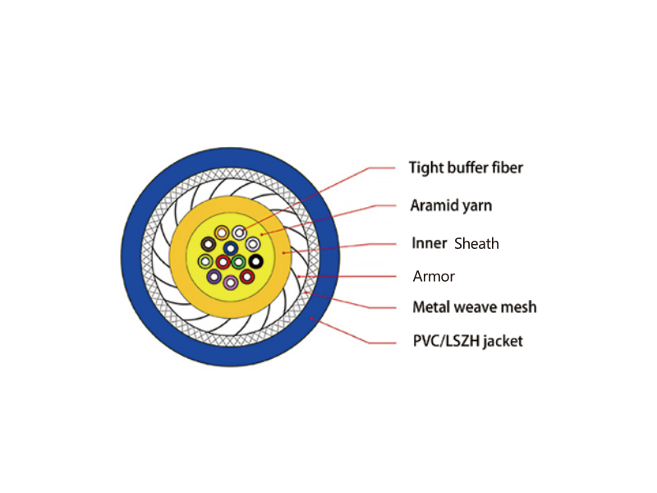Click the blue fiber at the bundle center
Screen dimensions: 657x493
coord(231,248)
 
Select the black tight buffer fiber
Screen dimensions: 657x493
coord(256,261)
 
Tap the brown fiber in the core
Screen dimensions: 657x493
coord(209,244)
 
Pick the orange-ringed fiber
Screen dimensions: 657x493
coord(222,233)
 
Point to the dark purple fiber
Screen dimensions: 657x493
coord(214,277)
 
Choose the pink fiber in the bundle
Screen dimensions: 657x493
coord(231,282)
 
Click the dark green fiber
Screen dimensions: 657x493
coord(238,262)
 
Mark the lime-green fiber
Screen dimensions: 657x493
coord(205,261)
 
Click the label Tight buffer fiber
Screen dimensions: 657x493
coord(466,168)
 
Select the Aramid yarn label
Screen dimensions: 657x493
coord(451,205)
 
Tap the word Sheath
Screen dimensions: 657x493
coord(476,243)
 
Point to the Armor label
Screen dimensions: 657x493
coord(434,276)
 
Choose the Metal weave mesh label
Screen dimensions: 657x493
coord(475,306)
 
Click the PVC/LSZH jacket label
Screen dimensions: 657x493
coord(467,341)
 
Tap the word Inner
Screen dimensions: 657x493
coord(429,243)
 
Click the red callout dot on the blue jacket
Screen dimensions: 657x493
coord(312,319)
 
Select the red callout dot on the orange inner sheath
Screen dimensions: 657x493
coord(283,253)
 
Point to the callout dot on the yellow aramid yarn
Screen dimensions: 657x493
coord(262,234)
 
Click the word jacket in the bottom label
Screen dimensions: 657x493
coord(503,341)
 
